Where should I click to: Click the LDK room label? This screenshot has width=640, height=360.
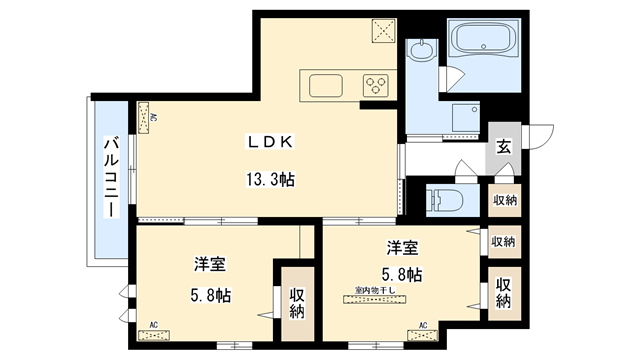point(270,142)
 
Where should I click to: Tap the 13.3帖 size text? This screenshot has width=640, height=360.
point(270,181)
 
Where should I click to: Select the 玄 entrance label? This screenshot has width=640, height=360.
point(504,147)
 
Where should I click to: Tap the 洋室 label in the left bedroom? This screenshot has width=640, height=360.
point(209,265)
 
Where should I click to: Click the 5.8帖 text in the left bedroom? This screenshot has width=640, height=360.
point(209,296)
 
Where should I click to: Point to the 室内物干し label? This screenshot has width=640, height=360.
point(375,291)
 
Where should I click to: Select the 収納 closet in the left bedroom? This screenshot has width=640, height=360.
point(297,302)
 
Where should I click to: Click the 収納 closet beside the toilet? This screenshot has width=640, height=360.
point(504,200)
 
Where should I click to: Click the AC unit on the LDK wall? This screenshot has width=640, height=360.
point(147,116)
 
